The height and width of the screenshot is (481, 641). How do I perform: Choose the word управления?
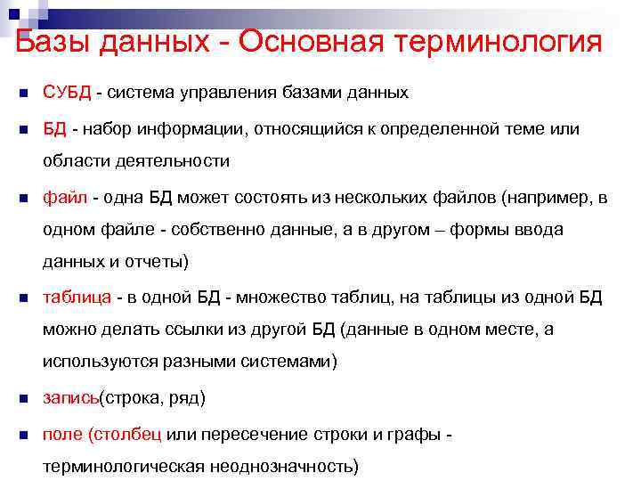tap(215, 93)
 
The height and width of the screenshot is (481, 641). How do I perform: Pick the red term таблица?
tap(77, 297)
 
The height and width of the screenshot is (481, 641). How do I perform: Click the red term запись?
tap(70, 398)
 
